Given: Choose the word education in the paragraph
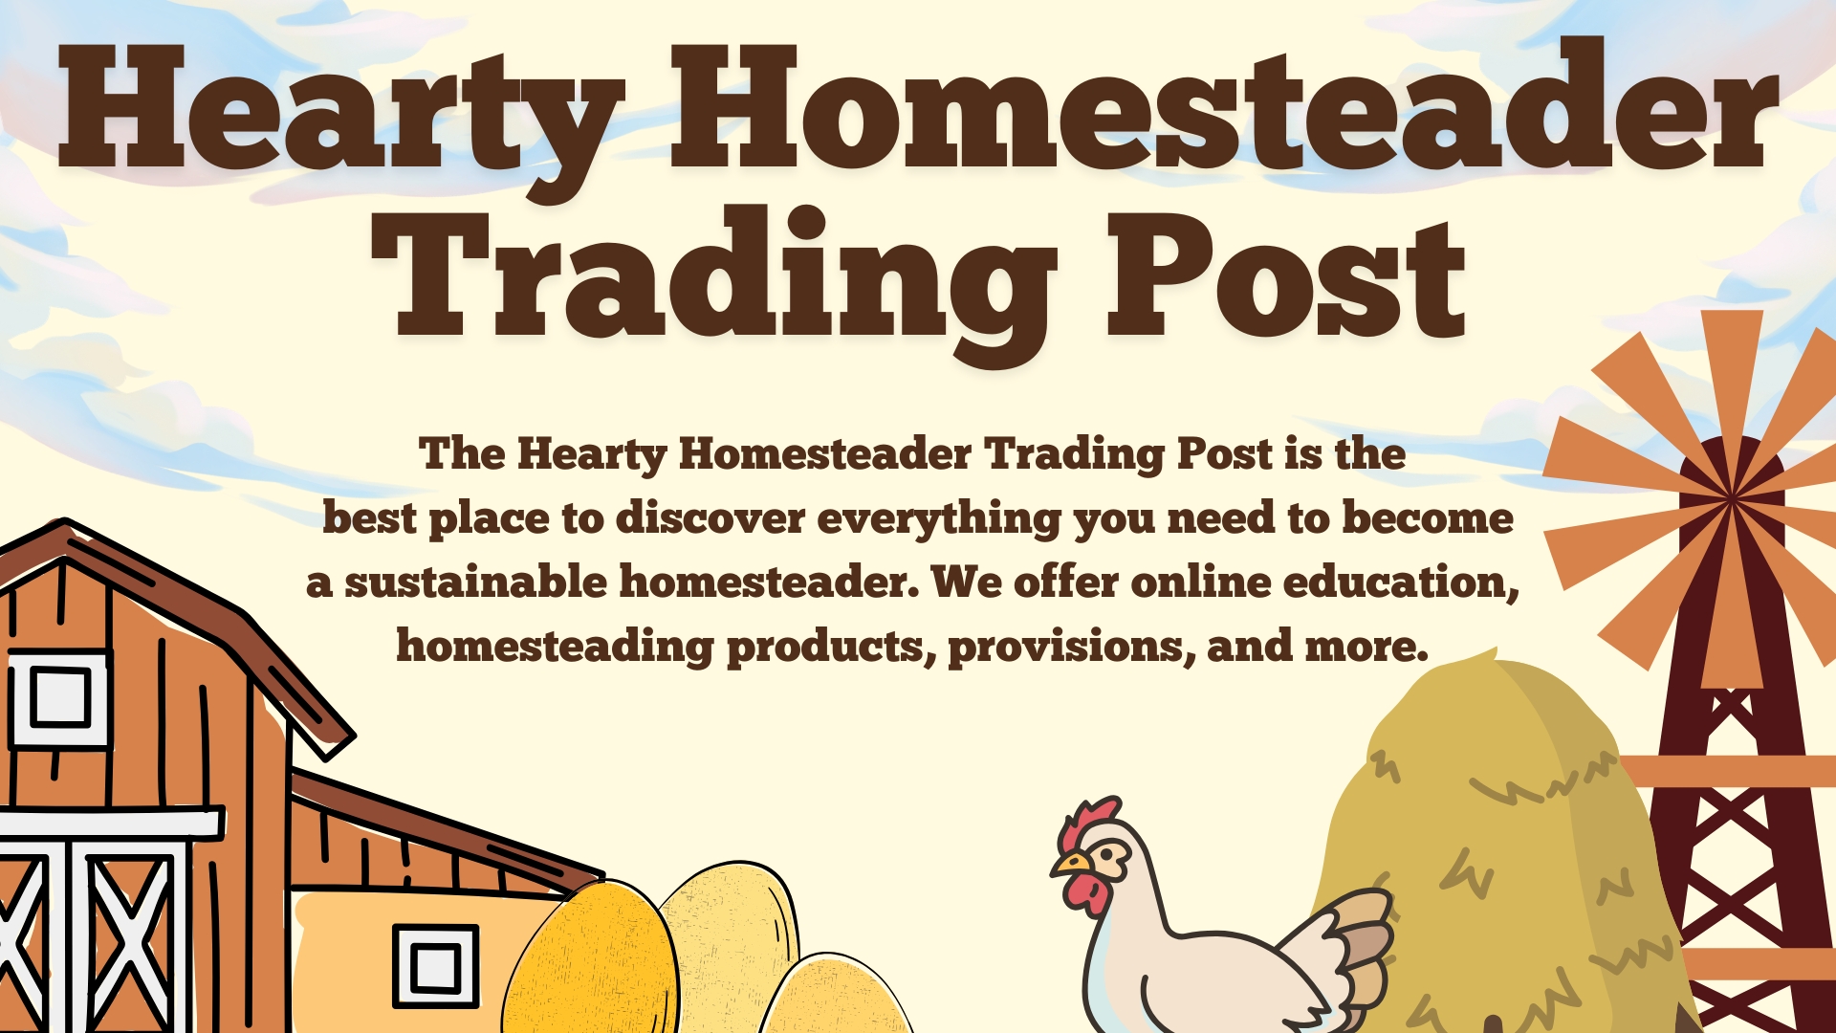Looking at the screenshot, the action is tap(1401, 582).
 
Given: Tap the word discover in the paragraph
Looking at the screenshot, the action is tap(710, 517).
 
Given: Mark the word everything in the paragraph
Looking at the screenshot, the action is tap(939, 519).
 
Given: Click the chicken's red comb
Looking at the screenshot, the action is tap(1086, 823).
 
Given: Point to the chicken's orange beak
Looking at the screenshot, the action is tap(1070, 866).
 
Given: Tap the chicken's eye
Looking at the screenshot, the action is tap(1108, 852).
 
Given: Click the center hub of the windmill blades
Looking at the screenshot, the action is tap(1731, 497).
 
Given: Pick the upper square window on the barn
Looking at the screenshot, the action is tap(59, 698).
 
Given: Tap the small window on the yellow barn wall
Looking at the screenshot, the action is tap(435, 965).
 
